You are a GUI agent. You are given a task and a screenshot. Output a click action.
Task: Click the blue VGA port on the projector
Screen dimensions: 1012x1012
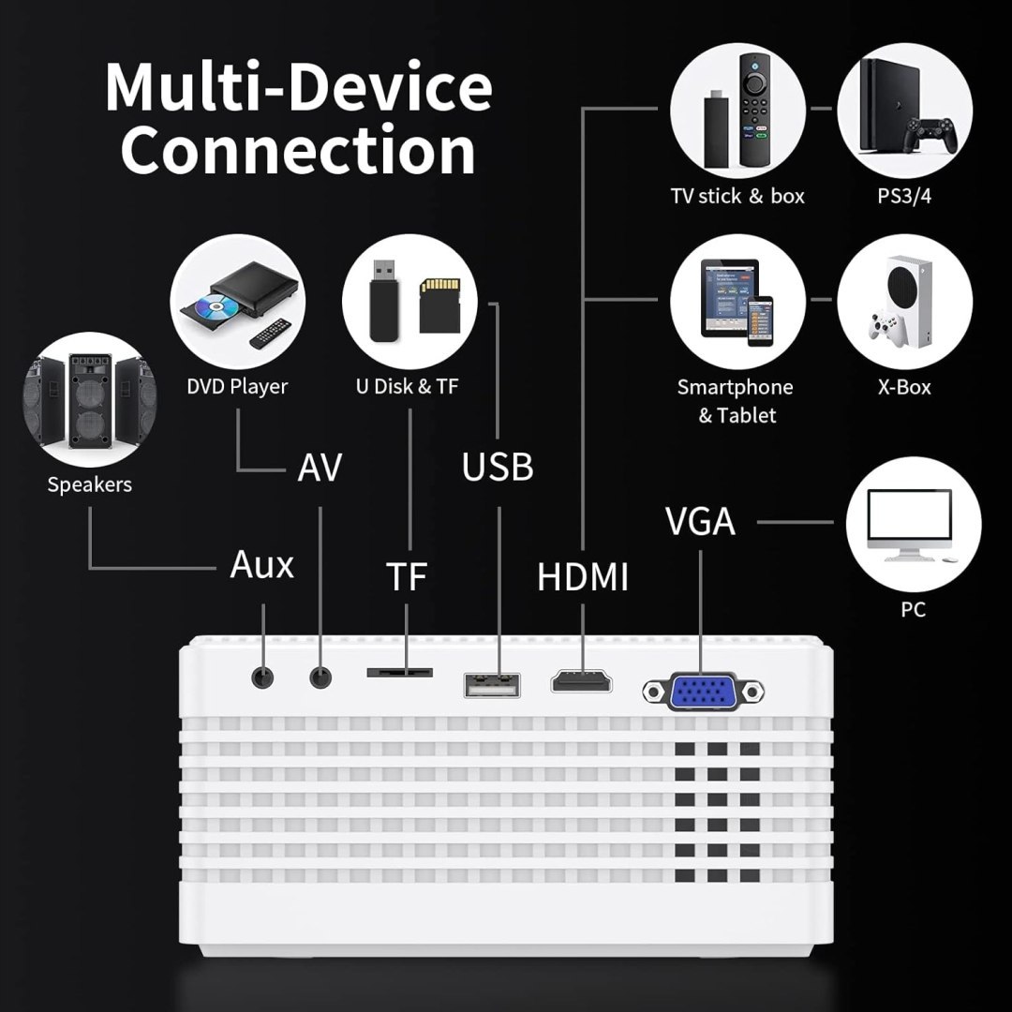click(x=703, y=693)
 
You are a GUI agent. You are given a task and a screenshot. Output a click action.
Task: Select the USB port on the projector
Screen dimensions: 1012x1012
click(x=491, y=684)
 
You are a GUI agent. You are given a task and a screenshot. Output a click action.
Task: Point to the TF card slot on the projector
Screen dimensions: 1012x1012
click(x=400, y=672)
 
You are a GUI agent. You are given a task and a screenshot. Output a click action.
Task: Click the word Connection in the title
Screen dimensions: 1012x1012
click(x=298, y=150)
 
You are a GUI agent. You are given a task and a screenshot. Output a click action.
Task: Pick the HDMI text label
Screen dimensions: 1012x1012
click(x=582, y=577)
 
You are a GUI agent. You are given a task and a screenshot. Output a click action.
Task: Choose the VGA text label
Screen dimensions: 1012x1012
click(x=700, y=521)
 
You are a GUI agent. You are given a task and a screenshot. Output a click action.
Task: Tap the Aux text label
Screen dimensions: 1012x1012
click(x=261, y=565)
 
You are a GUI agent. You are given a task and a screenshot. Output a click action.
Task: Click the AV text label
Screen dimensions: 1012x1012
click(x=320, y=467)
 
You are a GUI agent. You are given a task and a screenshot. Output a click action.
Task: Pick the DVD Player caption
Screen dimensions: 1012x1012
click(x=236, y=386)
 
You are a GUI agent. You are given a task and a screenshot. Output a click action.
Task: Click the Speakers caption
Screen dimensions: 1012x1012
click(x=90, y=484)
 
